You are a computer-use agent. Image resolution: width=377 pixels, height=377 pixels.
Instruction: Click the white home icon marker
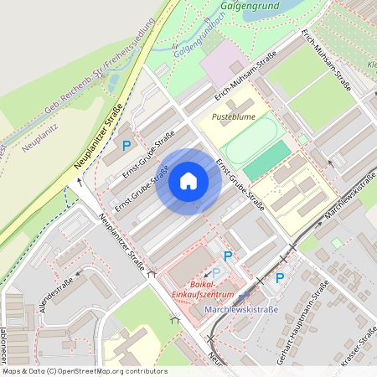click(188, 181)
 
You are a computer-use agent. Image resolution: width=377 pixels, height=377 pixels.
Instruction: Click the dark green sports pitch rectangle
click(268, 160)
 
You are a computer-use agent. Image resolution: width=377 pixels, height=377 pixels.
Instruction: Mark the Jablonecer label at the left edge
click(4, 331)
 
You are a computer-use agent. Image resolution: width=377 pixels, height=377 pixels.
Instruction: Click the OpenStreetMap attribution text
click(84, 370)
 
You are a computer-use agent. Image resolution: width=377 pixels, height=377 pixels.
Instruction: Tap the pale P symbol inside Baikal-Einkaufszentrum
click(216, 273)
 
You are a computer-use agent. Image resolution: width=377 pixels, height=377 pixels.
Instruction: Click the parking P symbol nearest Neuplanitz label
click(127, 145)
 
